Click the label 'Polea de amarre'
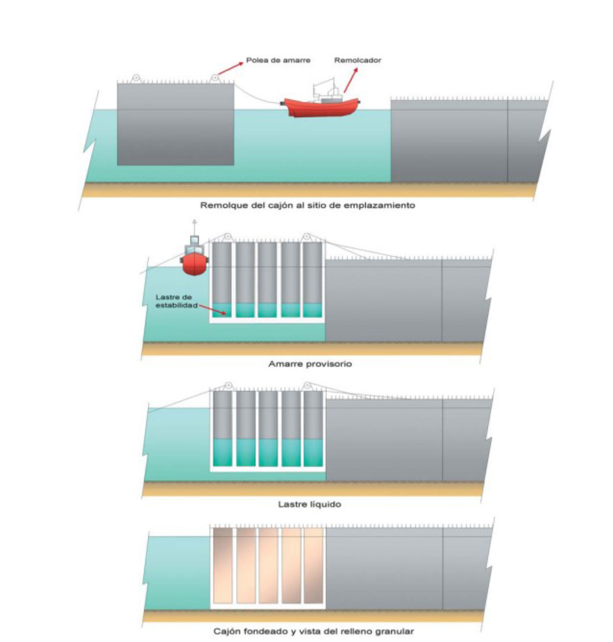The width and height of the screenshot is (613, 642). [278, 60]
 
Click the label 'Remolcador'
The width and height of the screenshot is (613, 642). [358, 60]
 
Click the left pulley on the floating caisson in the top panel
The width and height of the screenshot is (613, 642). [136, 79]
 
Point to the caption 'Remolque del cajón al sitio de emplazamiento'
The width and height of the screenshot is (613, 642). [308, 206]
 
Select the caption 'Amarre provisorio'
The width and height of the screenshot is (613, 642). [310, 364]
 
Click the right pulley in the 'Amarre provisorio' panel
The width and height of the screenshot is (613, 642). [306, 237]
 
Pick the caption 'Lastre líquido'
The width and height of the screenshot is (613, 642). [310, 504]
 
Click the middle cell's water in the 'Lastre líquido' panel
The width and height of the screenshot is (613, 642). [267, 452]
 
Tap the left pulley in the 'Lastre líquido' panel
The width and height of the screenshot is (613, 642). [228, 386]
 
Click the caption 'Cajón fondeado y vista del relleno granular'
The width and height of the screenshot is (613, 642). [313, 631]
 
